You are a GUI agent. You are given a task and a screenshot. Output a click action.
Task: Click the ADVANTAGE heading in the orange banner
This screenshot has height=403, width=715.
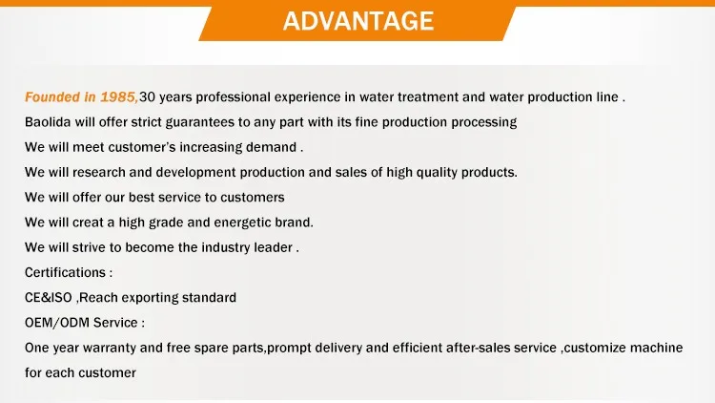pyautogui.click(x=357, y=21)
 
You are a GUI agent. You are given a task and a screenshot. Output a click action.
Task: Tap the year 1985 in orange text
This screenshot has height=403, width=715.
pyautogui.click(x=118, y=96)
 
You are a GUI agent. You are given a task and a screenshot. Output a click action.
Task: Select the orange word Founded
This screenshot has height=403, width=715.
pyautogui.click(x=52, y=96)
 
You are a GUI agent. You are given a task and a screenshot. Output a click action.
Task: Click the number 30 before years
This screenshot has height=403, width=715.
pyautogui.click(x=147, y=96)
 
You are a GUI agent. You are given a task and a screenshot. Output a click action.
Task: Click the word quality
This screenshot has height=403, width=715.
pyautogui.click(x=436, y=173)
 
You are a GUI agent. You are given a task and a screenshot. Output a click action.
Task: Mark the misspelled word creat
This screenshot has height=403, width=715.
pyautogui.click(x=88, y=223)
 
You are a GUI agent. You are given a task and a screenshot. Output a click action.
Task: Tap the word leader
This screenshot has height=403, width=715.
pyautogui.click(x=274, y=247)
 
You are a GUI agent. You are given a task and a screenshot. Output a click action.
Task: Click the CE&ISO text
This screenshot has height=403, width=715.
pyautogui.click(x=49, y=298)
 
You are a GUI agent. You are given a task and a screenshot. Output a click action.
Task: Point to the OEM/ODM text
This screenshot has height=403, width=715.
pyautogui.click(x=57, y=323)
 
